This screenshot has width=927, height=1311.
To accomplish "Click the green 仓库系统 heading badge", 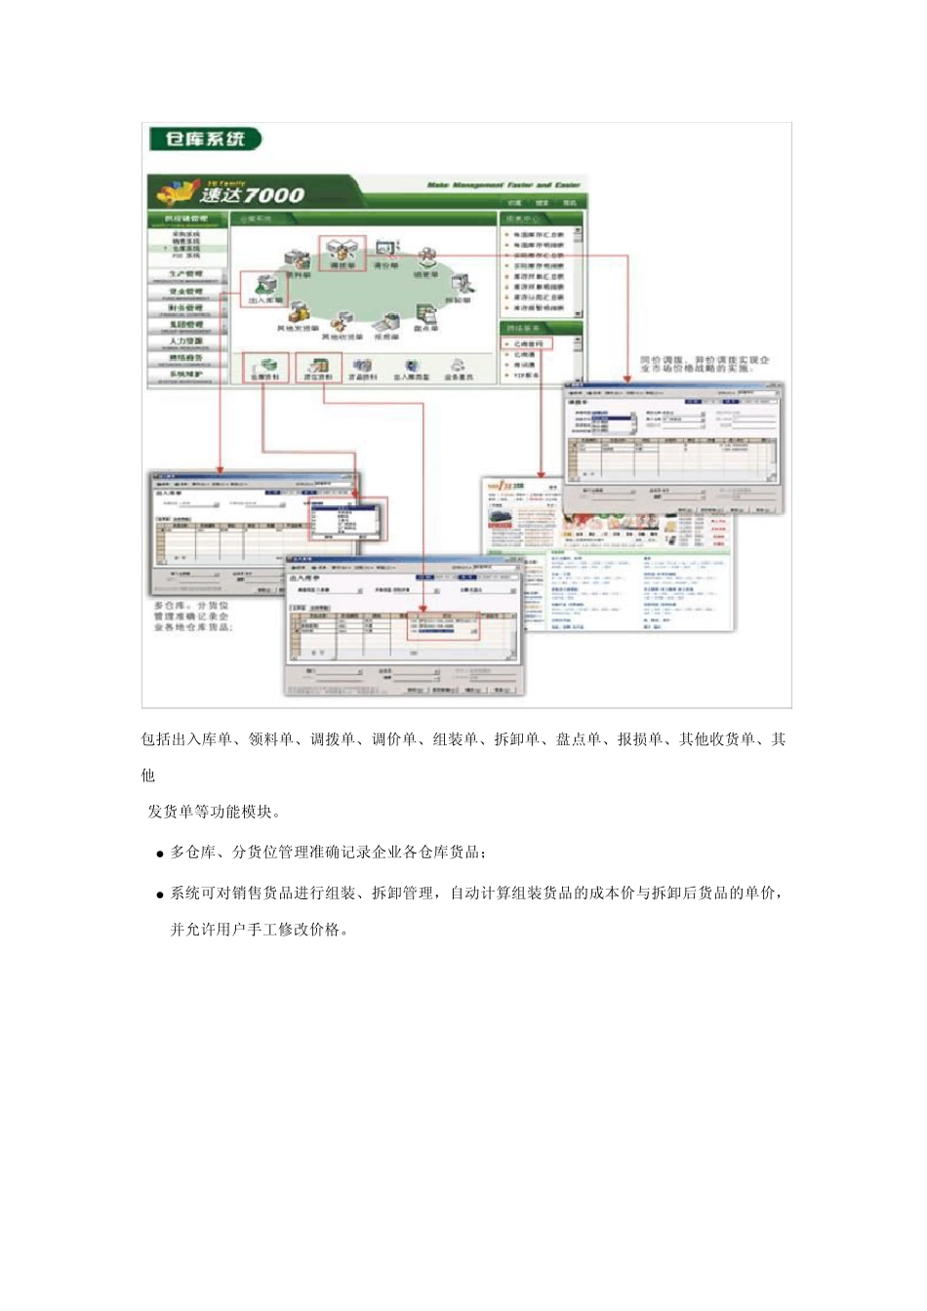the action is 205,139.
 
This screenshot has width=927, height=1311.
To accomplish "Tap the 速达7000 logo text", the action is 252,194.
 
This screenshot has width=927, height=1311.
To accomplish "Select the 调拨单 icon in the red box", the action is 342,252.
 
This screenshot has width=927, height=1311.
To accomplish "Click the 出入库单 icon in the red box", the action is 264,289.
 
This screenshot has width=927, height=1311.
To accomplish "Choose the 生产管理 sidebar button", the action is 186,275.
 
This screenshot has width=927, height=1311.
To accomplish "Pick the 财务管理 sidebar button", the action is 186,308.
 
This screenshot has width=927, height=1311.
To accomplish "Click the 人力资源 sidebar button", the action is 186,342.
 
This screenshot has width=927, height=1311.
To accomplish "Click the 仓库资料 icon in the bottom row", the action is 265,368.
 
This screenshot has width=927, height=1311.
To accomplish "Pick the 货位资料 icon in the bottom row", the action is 318,368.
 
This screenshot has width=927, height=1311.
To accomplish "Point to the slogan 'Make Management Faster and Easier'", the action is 504,184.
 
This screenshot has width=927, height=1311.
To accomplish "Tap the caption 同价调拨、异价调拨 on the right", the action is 704,364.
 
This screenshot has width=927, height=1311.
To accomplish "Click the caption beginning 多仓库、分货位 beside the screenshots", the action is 191,616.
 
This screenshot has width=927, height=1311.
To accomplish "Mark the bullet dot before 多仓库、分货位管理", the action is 160,854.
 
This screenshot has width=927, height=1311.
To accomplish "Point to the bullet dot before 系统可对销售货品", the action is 160,894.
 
